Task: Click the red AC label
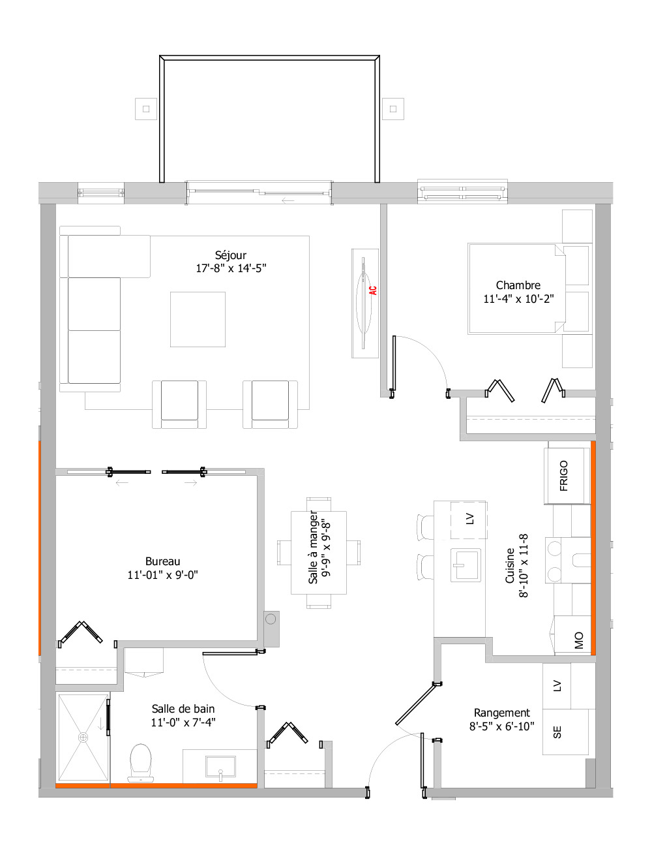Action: point(373,290)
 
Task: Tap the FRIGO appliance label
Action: point(564,476)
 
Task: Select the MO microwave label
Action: point(578,640)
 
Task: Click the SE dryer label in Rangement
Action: point(557,733)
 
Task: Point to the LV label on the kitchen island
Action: point(470,520)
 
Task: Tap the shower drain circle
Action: point(83,737)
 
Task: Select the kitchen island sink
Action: point(466,565)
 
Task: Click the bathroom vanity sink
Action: point(220,767)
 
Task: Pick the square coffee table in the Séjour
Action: point(198,319)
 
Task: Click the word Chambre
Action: point(518,285)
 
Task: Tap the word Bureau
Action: point(162,561)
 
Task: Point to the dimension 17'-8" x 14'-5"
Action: point(231,268)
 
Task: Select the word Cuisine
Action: point(510,566)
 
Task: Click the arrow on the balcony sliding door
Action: point(288,200)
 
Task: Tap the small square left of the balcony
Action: point(146,109)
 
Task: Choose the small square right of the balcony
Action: point(393,109)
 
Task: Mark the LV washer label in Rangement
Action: point(557,685)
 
